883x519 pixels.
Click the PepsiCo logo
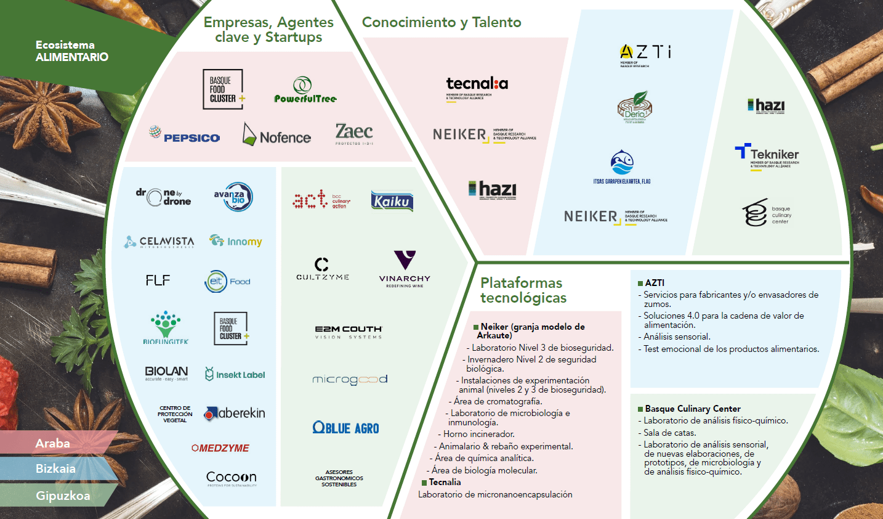pos(185,135)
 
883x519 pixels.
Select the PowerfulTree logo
pos(305,90)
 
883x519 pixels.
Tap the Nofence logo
pos(277,135)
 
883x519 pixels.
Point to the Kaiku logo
pos(392,201)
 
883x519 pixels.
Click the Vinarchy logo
pos(405,268)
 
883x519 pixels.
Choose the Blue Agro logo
pos(345,428)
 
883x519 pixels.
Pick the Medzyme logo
pos(220,448)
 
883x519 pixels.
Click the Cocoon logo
pos(231,478)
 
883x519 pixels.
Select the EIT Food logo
pos(227,281)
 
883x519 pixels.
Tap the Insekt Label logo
pos(235,374)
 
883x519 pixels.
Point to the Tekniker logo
pos(767,155)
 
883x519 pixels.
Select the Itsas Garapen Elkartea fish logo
pos(622,166)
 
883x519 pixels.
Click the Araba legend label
pos(53,443)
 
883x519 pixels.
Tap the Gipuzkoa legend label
pos(63,496)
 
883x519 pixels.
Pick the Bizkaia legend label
pos(55,468)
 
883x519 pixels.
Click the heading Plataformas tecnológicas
pos(522,290)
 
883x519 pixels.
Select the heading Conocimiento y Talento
pos(441,23)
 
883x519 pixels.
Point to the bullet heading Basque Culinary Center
pos(692,409)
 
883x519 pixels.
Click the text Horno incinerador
pos(478,434)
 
